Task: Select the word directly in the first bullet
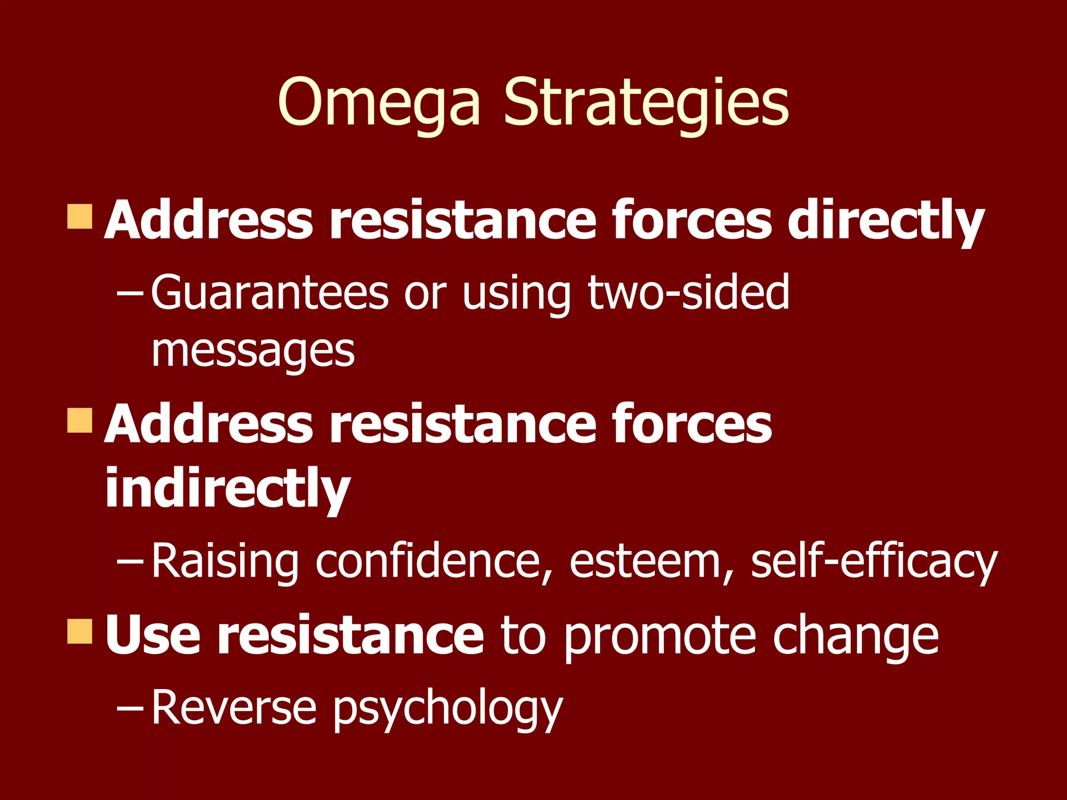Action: [x=886, y=221]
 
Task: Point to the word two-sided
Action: [x=689, y=293]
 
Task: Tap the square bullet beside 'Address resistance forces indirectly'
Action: [x=80, y=420]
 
